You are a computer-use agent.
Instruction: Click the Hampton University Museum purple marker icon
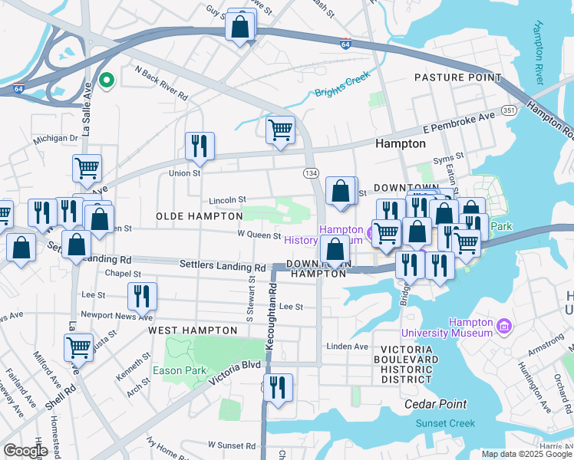click(x=504, y=327)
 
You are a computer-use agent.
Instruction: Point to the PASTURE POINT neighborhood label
click(x=457, y=77)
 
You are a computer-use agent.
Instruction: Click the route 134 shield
click(x=311, y=174)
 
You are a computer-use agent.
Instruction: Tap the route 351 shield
click(x=509, y=110)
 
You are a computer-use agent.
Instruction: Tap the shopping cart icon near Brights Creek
click(x=281, y=130)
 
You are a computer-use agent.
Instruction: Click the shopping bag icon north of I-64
click(x=241, y=28)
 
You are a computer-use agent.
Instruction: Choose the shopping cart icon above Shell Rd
click(x=78, y=347)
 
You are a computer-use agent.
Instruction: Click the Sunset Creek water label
click(x=445, y=423)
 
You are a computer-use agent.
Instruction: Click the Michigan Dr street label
click(x=55, y=139)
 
